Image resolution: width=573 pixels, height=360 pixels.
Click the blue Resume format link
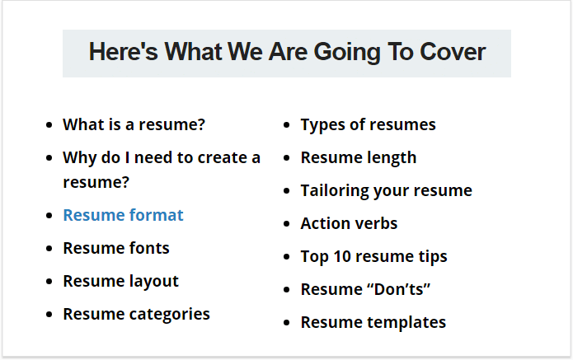pos(123,215)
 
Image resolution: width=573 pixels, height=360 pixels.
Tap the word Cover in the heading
pos(453,52)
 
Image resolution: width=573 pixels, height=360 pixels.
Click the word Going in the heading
pos(347,53)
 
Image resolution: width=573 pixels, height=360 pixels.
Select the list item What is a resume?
pos(134,124)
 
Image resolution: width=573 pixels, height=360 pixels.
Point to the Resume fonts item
pos(116,248)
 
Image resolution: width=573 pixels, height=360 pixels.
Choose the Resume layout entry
pos(121,282)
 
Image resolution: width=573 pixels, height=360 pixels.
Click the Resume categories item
pos(137,315)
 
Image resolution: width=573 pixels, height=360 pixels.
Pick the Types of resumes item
pos(368,125)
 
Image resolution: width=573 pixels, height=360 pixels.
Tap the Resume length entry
pos(359,158)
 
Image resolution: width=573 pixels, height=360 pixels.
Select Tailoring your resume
pos(387,191)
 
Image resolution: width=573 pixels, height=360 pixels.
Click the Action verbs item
pos(349,223)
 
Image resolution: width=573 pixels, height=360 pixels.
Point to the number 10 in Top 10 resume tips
pos(342,256)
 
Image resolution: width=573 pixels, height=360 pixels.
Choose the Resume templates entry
pos(373,322)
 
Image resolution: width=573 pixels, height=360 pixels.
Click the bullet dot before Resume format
pos(49,216)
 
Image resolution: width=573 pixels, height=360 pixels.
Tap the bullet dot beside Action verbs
pos(287,224)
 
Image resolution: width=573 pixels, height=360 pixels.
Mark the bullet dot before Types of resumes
pos(287,125)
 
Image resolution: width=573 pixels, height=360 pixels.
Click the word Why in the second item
pos(80,158)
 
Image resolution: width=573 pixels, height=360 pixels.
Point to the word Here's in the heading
pos(124,51)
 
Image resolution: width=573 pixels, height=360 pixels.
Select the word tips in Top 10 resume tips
pos(433,257)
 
